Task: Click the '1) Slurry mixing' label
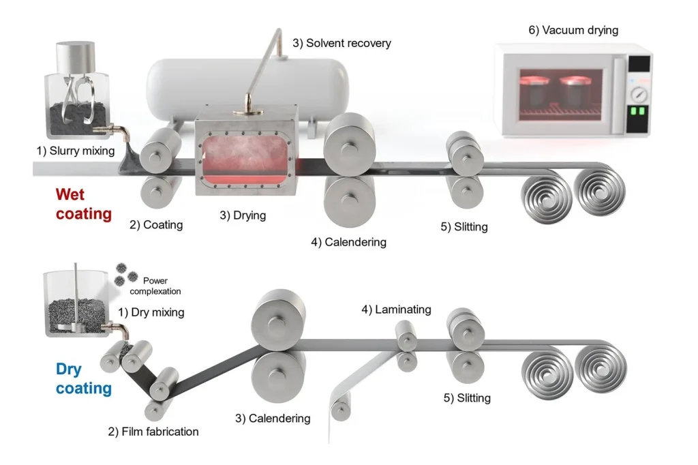pos(75,150)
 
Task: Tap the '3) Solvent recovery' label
pos(342,43)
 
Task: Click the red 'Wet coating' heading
pos(82,204)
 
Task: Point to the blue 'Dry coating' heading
pos(82,379)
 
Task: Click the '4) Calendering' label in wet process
pos(348,242)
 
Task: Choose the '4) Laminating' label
pos(396,310)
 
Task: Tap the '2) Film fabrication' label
pos(153,432)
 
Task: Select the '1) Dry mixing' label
pos(151,313)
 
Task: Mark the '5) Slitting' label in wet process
pos(464,226)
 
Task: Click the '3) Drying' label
pos(243,215)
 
